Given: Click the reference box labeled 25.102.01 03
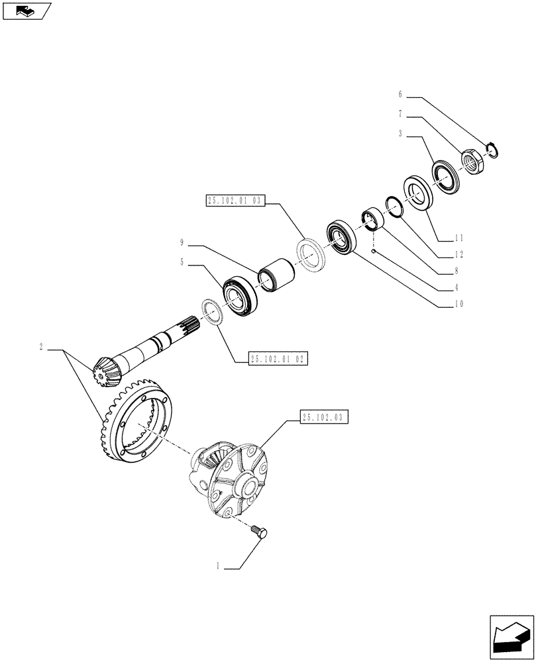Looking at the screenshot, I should (x=235, y=201).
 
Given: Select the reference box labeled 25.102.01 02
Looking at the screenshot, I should (x=279, y=359).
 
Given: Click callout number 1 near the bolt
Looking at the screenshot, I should (x=217, y=567).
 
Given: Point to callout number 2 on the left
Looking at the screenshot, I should (x=41, y=347).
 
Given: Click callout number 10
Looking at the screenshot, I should (x=458, y=305).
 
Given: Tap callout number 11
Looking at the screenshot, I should (x=458, y=238).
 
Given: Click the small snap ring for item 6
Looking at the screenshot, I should (x=493, y=151).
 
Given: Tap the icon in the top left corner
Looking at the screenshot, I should (x=27, y=10).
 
